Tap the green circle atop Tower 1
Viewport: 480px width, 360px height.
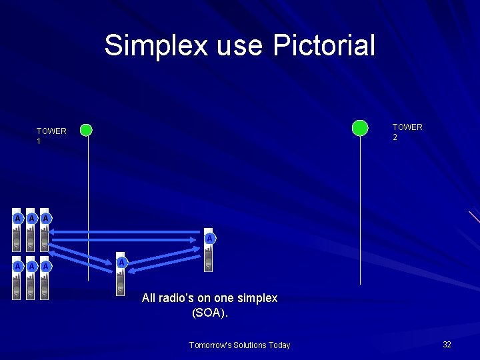point(86,130)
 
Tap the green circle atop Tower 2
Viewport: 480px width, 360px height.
point(360,127)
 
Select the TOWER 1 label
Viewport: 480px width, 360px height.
point(51,136)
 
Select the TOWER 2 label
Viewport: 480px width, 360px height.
point(407,132)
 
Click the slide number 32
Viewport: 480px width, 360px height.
point(447,345)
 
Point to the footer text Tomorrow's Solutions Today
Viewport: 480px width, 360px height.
point(239,345)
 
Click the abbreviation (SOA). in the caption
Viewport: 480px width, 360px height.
point(209,311)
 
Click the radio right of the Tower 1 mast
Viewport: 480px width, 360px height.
point(121,274)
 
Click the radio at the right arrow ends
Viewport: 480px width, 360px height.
point(209,252)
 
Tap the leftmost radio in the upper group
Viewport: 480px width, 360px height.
point(17,229)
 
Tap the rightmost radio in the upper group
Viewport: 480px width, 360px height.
point(45,229)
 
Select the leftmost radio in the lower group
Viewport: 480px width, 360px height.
point(17,277)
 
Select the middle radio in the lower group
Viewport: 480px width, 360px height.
point(31,277)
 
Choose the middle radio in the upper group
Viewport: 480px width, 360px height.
point(31,229)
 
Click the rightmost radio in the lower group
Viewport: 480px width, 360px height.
point(45,277)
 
